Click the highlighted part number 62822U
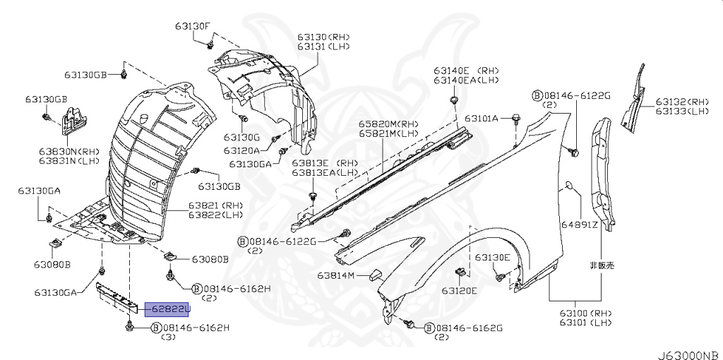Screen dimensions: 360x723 click(x=168, y=308)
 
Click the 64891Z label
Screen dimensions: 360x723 click(x=580, y=225)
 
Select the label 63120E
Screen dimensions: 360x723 click(x=460, y=290)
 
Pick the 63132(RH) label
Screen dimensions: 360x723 click(x=682, y=102)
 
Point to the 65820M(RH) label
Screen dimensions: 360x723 click(x=384, y=124)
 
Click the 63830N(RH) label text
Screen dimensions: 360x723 click(x=68, y=151)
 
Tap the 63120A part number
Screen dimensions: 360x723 click(x=241, y=150)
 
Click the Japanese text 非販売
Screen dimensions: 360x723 click(x=602, y=266)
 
